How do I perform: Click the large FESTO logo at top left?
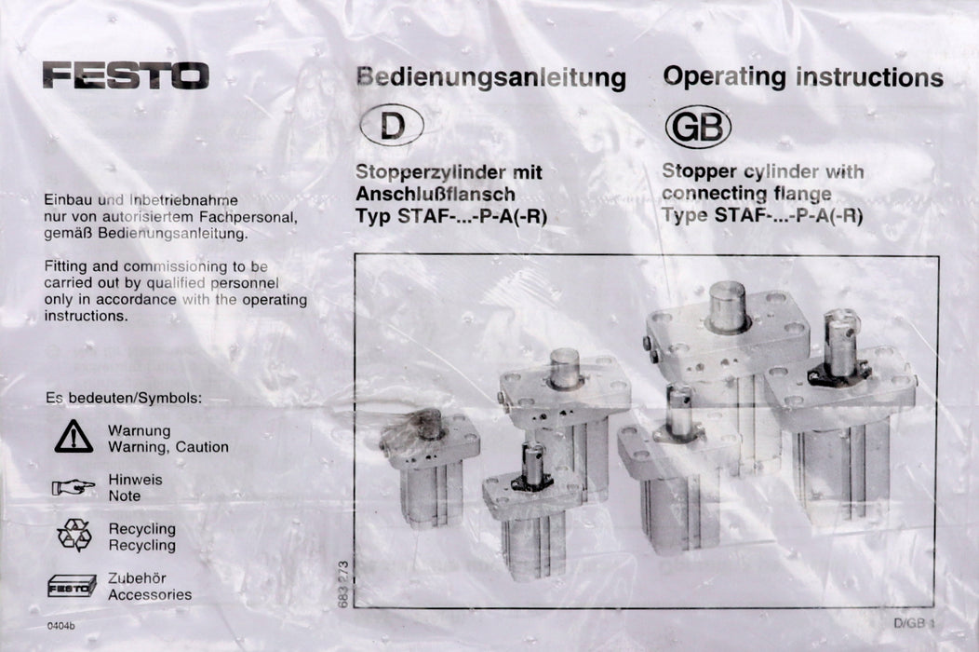click(x=125, y=75)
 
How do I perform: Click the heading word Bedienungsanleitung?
click(x=490, y=79)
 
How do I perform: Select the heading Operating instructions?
click(x=802, y=77)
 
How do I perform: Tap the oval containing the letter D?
click(x=392, y=126)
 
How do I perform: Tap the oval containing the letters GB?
click(x=697, y=128)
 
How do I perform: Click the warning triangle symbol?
click(x=74, y=437)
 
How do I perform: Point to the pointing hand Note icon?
click(x=74, y=486)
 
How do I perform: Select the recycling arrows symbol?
click(x=74, y=536)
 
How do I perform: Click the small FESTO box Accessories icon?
click(x=73, y=586)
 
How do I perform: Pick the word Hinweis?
click(x=135, y=480)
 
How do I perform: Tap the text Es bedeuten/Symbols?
click(x=123, y=398)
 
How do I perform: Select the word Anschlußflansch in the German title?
click(x=435, y=195)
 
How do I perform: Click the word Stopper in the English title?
click(x=699, y=171)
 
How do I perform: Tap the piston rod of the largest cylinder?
click(x=728, y=306)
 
